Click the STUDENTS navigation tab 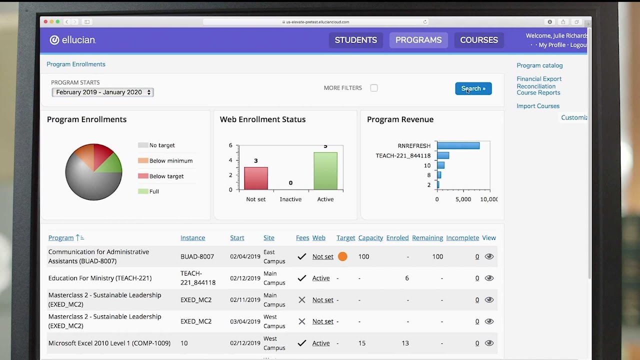click(x=355, y=40)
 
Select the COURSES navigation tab click(x=479, y=40)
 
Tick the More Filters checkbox click(x=374, y=88)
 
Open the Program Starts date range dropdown click(x=103, y=92)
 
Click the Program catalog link click(x=539, y=65)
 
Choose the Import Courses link click(x=538, y=106)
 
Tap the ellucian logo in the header click(x=73, y=40)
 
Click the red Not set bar click(x=256, y=178)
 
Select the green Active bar click(x=325, y=171)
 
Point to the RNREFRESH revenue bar click(x=458, y=145)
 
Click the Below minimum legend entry click(x=165, y=160)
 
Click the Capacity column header click(x=370, y=237)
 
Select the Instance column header click(x=192, y=237)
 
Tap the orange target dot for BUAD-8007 click(x=342, y=256)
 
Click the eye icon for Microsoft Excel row click(x=489, y=343)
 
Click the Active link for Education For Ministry click(x=321, y=278)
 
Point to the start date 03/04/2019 click(x=245, y=321)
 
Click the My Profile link click(x=552, y=45)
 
